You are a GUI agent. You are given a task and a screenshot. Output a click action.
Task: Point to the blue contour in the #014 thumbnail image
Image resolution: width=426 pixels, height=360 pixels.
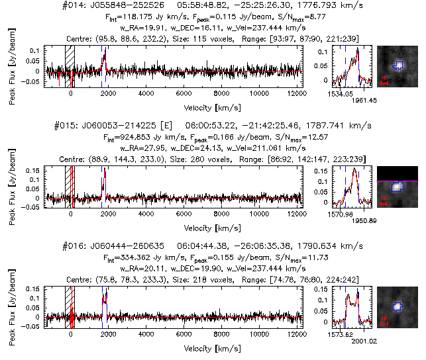pyautogui.click(x=398, y=65)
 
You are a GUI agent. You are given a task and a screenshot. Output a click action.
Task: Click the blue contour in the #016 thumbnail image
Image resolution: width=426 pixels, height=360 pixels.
pyautogui.click(x=398, y=306)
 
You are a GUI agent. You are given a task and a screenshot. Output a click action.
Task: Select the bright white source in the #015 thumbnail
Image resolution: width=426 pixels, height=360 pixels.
pyautogui.click(x=396, y=187)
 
